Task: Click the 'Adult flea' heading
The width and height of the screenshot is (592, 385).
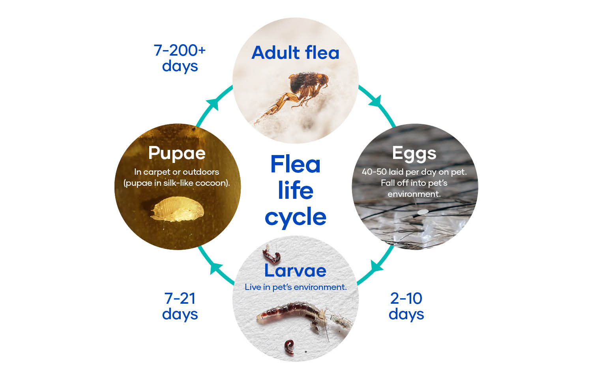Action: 295,52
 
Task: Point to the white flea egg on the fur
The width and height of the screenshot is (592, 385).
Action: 422,212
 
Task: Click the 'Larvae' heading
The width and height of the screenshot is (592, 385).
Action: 295,271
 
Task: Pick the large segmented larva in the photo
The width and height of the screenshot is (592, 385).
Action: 304,317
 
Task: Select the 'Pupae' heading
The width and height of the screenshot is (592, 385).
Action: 177,153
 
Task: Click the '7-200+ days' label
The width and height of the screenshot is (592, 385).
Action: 180,58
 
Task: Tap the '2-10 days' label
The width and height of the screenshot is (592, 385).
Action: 407,306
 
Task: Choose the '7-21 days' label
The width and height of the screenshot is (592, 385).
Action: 180,306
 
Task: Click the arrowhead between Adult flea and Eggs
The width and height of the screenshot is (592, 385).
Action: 376,102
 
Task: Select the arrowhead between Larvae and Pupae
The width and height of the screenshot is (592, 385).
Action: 216,268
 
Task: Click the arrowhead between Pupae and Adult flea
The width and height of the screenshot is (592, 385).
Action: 214,104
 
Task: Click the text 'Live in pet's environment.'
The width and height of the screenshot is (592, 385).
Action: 296,287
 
